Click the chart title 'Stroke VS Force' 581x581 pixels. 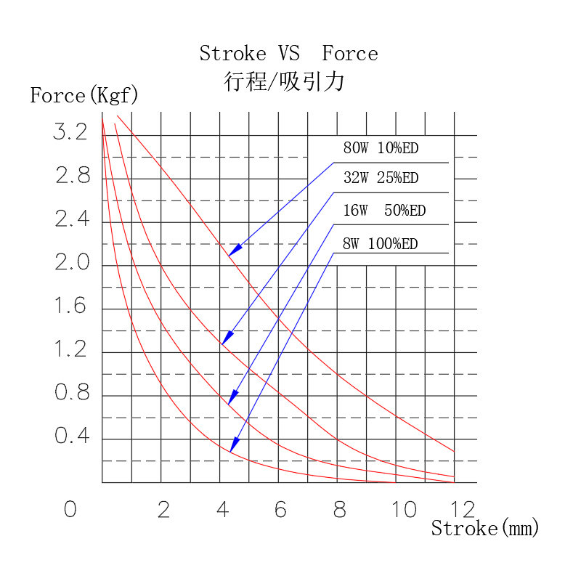(288, 54)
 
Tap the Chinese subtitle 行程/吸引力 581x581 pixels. (284, 81)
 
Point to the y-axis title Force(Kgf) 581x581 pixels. (84, 95)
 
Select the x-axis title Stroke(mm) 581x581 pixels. (485, 528)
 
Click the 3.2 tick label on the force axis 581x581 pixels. (70, 132)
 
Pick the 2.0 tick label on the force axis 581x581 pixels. (71, 263)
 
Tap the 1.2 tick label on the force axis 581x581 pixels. (70, 350)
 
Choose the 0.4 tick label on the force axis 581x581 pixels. (71, 437)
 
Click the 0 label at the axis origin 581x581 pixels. (70, 510)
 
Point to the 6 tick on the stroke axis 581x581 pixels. (280, 510)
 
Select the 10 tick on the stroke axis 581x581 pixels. (405, 510)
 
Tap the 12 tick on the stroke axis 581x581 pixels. (463, 510)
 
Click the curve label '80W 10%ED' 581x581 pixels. (381, 149)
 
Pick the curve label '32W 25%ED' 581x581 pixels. (381, 178)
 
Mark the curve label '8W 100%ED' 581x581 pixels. (380, 244)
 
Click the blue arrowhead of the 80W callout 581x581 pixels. (234, 251)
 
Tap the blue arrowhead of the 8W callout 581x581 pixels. (234, 444)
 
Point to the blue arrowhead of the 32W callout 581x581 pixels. (227, 338)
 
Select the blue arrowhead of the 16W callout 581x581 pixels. (232, 398)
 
